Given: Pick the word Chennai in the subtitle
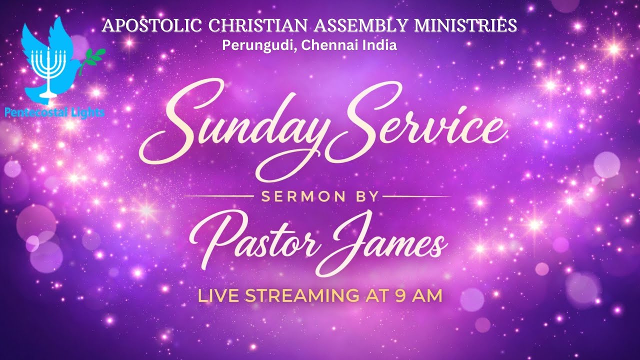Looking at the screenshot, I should point(315,45).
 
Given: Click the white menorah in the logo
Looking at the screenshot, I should point(48,70).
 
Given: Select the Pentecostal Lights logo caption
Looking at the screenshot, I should point(54,112).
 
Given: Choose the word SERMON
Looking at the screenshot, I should point(295,196).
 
